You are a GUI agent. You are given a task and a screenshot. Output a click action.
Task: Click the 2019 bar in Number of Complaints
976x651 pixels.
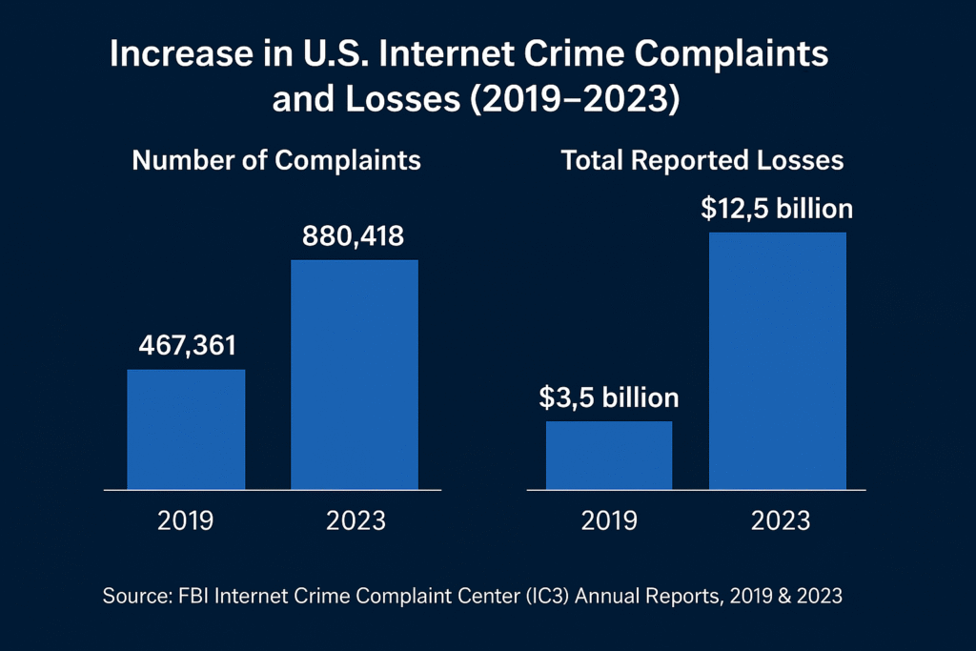tap(186, 429)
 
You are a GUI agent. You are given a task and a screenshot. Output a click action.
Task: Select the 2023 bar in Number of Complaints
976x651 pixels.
tap(355, 374)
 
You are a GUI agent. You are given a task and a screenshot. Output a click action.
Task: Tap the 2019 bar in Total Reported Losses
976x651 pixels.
tap(608, 455)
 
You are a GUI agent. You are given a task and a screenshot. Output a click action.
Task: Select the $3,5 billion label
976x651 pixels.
tap(609, 397)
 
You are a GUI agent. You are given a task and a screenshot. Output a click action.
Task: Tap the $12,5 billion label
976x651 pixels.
tap(776, 209)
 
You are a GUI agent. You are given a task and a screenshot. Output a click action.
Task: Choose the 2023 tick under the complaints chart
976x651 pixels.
tap(356, 521)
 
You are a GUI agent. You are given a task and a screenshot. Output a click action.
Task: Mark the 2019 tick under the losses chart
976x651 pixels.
tap(608, 521)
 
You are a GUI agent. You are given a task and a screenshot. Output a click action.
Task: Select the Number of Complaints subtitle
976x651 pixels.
tap(276, 160)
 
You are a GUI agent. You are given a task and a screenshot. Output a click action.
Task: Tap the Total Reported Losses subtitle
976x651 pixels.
tap(702, 160)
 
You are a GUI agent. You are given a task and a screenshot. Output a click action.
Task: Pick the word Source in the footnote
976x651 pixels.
tap(132, 597)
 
